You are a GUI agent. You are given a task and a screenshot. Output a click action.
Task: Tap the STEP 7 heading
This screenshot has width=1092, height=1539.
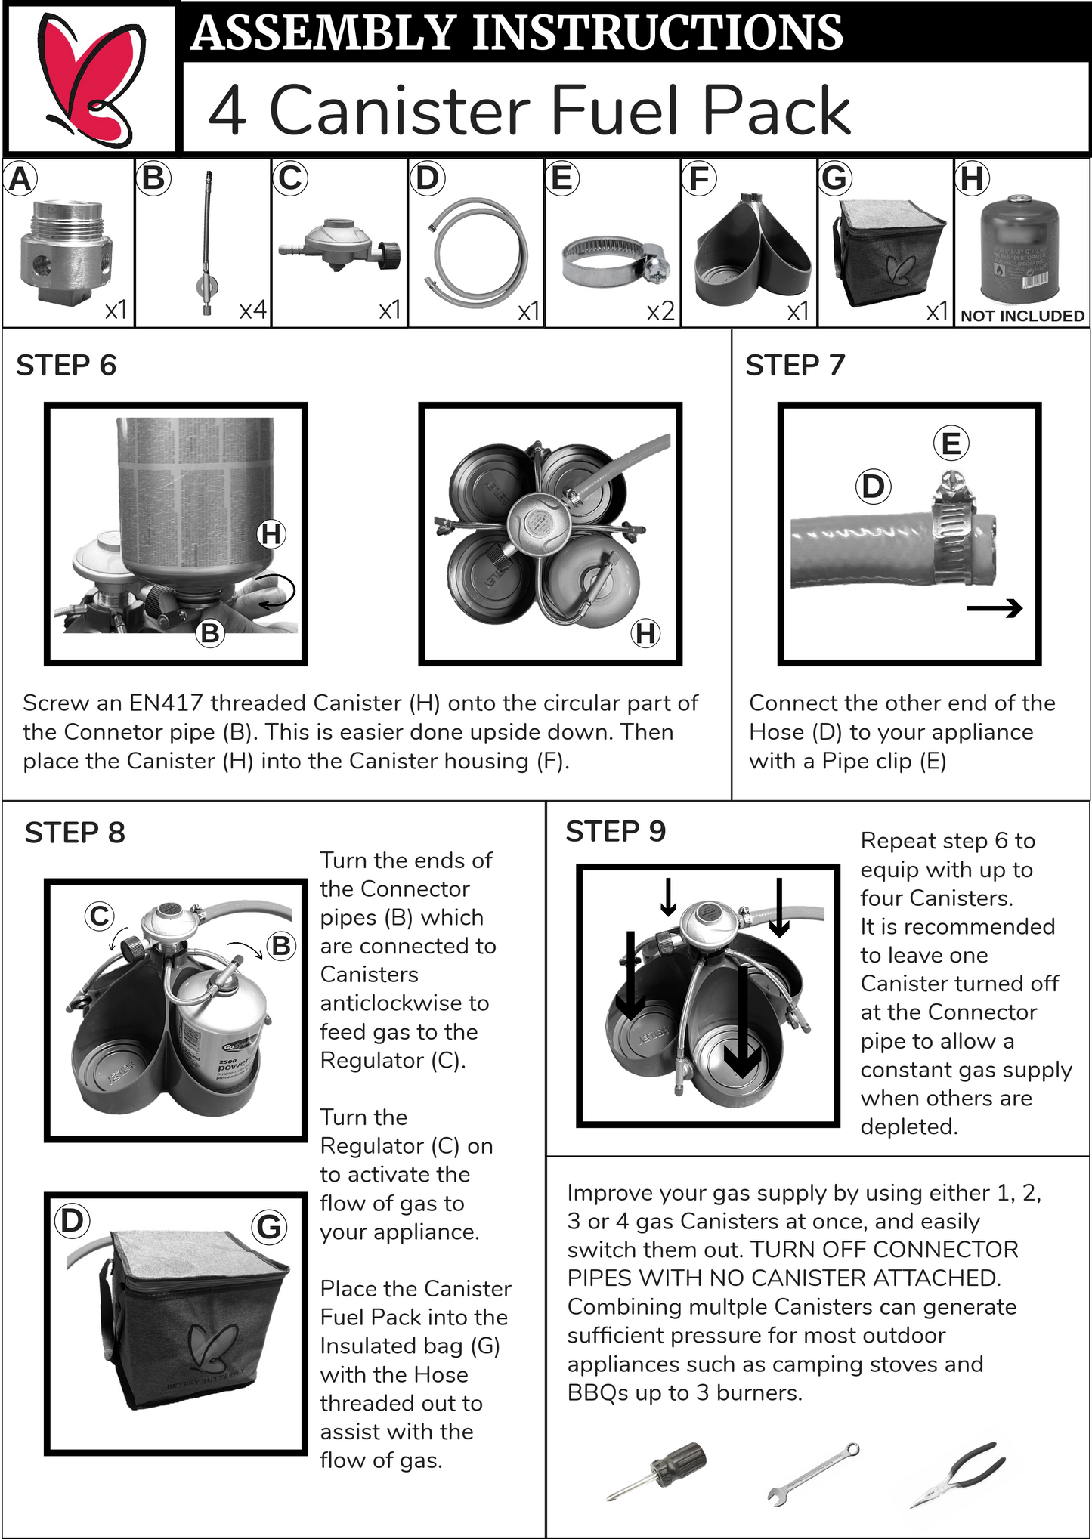point(794,366)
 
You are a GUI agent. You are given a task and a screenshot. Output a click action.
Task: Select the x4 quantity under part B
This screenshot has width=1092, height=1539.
point(252,310)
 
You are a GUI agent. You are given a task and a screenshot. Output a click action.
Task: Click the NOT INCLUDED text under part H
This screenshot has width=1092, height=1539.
point(1022,316)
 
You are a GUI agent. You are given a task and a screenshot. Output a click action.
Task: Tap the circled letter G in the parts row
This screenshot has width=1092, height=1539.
point(835,178)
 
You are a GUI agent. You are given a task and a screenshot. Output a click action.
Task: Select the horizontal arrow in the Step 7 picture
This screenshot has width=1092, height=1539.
point(995,607)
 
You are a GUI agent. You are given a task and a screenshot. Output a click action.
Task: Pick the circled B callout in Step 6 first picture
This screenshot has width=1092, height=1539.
point(210,632)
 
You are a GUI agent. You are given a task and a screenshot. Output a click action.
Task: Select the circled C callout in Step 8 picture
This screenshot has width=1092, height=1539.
point(99,916)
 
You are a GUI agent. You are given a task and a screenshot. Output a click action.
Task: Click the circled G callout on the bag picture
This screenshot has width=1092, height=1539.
point(269,1226)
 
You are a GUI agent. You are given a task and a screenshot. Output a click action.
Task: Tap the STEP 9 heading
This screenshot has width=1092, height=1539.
point(615,832)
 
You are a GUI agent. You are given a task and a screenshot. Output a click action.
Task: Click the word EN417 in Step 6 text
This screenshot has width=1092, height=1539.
point(166,703)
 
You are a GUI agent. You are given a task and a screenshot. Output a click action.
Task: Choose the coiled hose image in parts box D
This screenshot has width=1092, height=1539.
point(475,249)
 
